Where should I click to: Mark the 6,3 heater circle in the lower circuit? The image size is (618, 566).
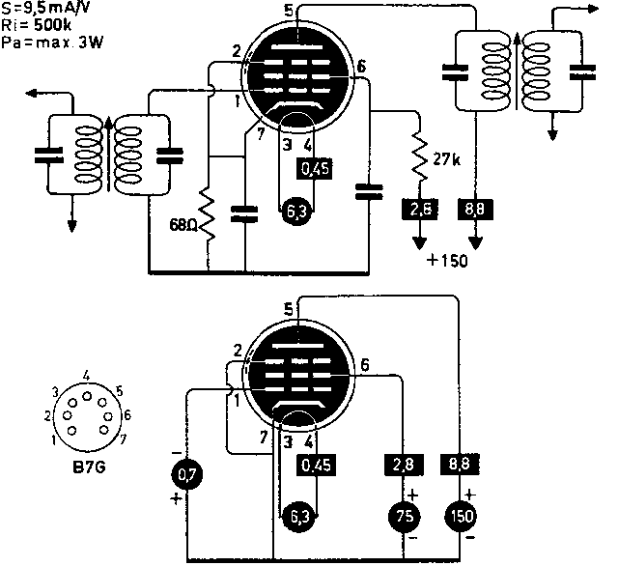[296, 516]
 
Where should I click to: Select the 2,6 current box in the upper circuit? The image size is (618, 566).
[416, 209]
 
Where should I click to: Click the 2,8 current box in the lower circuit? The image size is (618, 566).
[400, 466]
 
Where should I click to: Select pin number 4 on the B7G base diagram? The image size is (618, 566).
[87, 374]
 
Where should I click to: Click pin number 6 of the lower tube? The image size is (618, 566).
[365, 366]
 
